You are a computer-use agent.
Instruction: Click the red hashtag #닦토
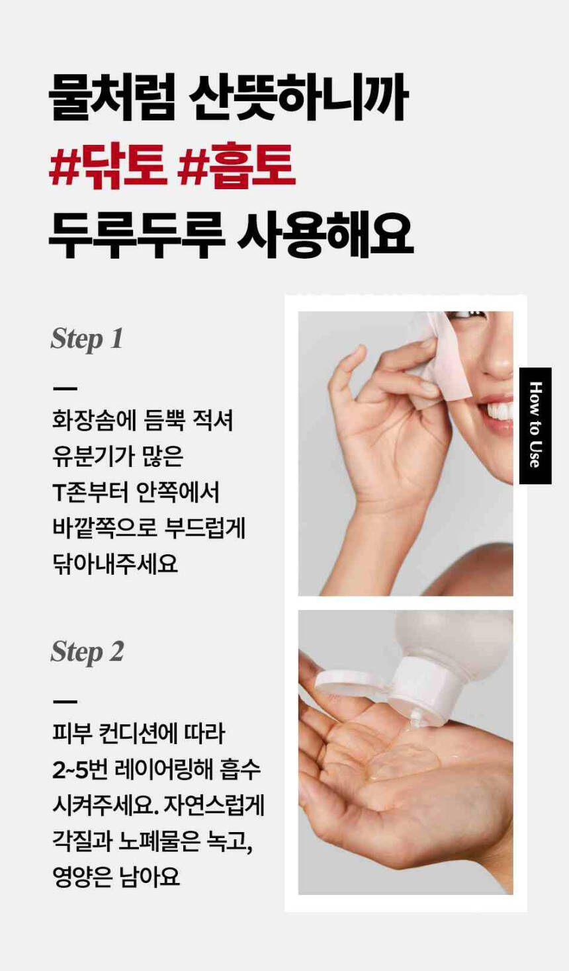click(x=108, y=165)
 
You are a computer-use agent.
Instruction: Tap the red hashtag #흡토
click(x=237, y=165)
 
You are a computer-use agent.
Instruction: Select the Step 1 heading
click(x=87, y=339)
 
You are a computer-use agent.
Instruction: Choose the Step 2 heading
click(x=87, y=652)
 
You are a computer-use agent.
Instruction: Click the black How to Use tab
click(x=535, y=425)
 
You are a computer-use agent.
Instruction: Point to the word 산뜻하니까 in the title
click(x=299, y=97)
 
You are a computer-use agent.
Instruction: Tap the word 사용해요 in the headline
click(x=326, y=235)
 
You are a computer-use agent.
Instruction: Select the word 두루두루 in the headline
click(x=136, y=235)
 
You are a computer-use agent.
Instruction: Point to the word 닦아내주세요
click(x=115, y=564)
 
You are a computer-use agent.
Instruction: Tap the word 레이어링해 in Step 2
click(x=164, y=770)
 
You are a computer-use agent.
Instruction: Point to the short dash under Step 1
click(x=65, y=388)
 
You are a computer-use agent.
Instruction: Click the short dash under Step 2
click(x=65, y=701)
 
